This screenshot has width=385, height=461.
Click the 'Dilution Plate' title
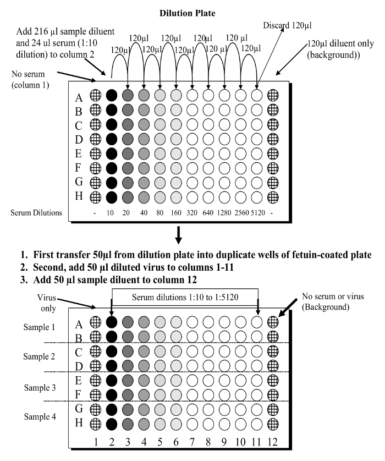point(187,13)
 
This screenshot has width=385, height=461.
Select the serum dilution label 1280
point(224,212)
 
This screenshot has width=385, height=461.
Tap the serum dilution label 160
point(176,212)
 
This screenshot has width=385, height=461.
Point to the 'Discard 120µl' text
point(287,25)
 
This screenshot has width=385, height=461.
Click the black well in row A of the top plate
point(112,95)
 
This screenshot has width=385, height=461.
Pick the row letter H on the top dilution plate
point(79,196)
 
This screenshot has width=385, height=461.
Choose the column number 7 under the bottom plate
point(192,442)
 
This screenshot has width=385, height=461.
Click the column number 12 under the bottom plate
point(272,442)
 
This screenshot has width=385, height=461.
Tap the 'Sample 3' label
point(40,387)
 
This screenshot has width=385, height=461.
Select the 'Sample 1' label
point(39,327)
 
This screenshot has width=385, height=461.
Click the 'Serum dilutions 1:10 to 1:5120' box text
point(185,297)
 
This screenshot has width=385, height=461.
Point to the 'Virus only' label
point(47,303)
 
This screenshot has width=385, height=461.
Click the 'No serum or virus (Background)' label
point(333,301)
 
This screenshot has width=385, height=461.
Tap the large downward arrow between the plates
point(178,235)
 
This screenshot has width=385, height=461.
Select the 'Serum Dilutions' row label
point(36,212)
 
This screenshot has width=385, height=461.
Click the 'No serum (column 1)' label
point(30,79)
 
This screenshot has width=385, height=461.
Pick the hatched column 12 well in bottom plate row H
point(273,424)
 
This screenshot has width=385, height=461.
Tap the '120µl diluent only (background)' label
point(340,49)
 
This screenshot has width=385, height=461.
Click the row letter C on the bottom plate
point(79,352)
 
